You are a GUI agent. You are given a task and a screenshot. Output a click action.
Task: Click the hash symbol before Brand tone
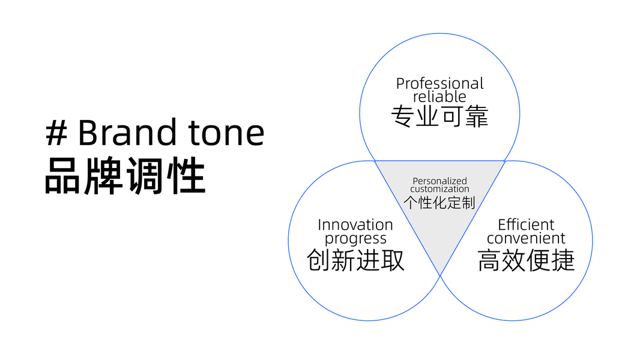click(x=56, y=133)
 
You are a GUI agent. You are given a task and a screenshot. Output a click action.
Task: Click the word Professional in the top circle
click(x=439, y=84)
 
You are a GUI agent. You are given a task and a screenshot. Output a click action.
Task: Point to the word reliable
click(x=439, y=96)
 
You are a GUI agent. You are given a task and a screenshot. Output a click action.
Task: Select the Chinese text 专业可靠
click(x=439, y=116)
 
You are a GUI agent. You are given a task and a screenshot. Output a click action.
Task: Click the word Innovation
click(x=355, y=225)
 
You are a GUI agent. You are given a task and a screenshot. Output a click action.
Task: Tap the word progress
click(x=355, y=239)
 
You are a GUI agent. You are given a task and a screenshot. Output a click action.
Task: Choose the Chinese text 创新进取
click(x=355, y=260)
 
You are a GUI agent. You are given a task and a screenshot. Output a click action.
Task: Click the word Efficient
click(x=526, y=225)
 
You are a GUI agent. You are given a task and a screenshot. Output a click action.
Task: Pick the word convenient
click(x=526, y=238)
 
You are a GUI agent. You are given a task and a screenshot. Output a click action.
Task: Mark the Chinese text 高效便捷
click(x=526, y=260)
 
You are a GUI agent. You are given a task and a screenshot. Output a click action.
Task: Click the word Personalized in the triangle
click(x=439, y=181)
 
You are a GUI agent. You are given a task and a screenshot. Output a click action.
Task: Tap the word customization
click(x=439, y=189)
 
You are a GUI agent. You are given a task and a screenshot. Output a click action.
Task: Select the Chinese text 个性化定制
click(x=439, y=202)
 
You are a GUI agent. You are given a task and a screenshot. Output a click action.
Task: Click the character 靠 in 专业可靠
click(x=476, y=116)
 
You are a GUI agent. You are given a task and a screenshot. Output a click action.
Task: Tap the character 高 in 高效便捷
click(x=490, y=260)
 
